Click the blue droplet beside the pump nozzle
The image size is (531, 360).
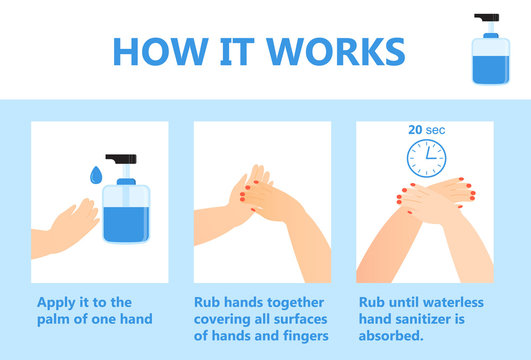96,175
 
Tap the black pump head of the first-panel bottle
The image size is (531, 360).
124,164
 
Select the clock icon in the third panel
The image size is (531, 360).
427,159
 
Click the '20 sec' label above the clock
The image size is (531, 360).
427,130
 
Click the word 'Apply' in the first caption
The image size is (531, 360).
58,302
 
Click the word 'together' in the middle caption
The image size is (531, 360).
297,302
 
